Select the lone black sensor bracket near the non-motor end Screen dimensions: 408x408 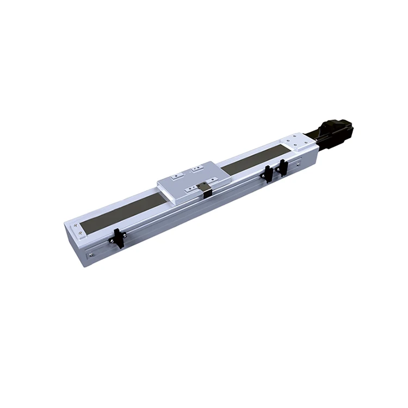pos(118,239)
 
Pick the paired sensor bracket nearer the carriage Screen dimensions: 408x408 pos(269,173)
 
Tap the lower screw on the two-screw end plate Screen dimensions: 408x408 pos(82,234)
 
